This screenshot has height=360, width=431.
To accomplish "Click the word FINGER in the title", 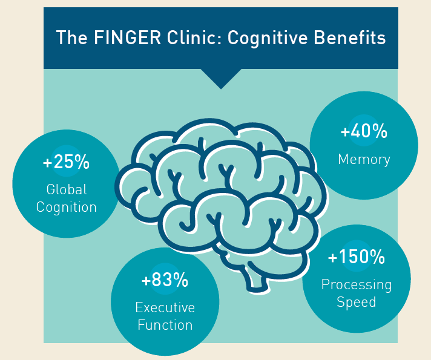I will [x=114, y=38].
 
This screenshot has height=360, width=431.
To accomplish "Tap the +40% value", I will [x=364, y=132].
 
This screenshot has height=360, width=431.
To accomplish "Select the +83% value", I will [x=165, y=280].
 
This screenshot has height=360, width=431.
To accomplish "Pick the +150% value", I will [x=357, y=257].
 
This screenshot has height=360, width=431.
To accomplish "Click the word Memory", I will [x=364, y=160].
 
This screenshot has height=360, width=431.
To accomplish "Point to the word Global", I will [x=67, y=189].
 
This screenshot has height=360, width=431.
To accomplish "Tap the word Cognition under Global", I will [x=67, y=207].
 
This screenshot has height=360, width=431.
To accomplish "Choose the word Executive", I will [x=165, y=307].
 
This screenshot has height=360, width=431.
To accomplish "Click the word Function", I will [x=165, y=325].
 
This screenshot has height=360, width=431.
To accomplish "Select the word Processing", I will [x=357, y=284].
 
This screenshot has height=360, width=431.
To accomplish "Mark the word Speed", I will [x=357, y=301].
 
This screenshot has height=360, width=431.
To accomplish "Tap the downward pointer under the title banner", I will [x=221, y=78].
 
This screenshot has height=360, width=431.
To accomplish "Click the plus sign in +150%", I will [x=332, y=258].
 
